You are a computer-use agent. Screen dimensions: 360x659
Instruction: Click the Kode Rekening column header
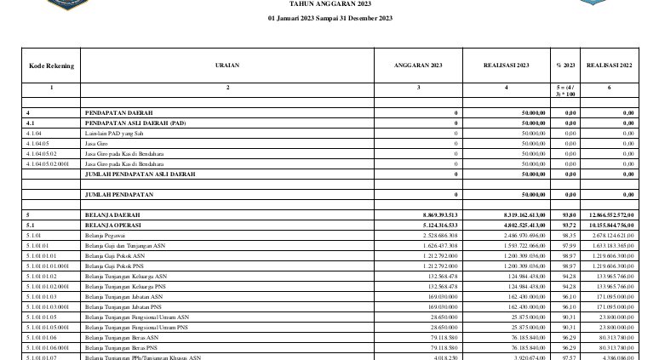click(x=51, y=65)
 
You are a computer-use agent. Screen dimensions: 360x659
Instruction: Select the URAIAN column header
click(x=227, y=65)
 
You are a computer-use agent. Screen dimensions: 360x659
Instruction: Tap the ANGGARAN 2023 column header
click(x=419, y=65)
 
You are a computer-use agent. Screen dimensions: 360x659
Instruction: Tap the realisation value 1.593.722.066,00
click(x=514, y=245)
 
